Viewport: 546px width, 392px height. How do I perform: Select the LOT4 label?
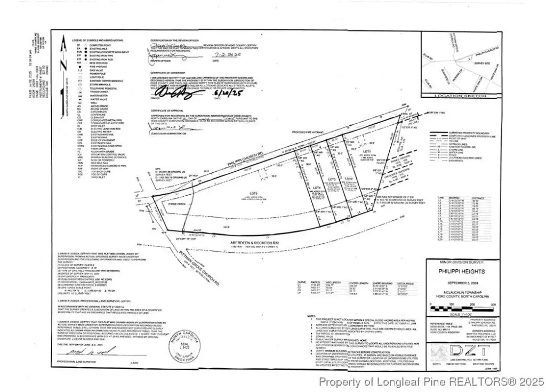pyautogui.click(x=316, y=188)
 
